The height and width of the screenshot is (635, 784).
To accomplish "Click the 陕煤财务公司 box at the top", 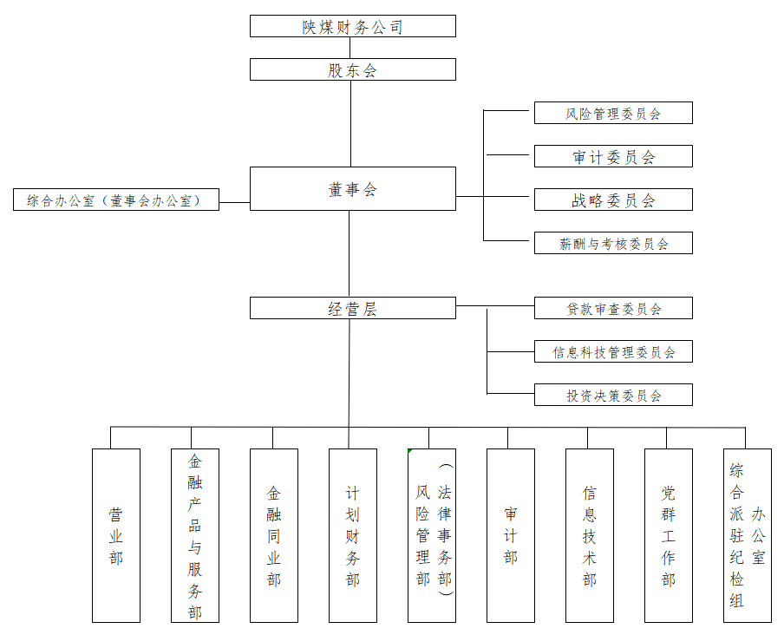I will pyautogui.click(x=352, y=26).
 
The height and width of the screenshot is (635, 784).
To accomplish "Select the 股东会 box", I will pyautogui.click(x=352, y=69).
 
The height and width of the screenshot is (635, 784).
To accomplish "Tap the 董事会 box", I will pyautogui.click(x=352, y=188).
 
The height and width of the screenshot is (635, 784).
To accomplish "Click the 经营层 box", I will pyautogui.click(x=352, y=308).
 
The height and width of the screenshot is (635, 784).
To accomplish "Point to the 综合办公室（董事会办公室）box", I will pyautogui.click(x=115, y=200).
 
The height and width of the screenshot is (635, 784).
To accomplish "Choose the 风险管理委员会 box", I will pyautogui.click(x=613, y=113).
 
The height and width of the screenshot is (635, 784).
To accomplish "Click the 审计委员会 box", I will pyautogui.click(x=613, y=156).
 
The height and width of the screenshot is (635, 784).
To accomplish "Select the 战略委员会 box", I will pyautogui.click(x=613, y=200).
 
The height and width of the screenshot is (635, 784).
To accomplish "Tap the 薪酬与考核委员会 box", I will pyautogui.click(x=613, y=243).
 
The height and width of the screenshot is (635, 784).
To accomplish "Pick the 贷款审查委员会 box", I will pyautogui.click(x=613, y=308).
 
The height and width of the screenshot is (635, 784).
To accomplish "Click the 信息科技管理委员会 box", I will pyautogui.click(x=613, y=351).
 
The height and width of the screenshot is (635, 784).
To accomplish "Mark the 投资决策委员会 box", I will pyautogui.click(x=613, y=395).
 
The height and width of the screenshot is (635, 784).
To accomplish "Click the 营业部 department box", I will pyautogui.click(x=116, y=535).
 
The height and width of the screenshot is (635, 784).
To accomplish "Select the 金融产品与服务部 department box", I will pyautogui.click(x=195, y=535).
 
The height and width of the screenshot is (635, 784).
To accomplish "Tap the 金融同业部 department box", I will pyautogui.click(x=274, y=535).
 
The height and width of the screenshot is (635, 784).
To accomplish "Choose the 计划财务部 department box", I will pyautogui.click(x=353, y=535).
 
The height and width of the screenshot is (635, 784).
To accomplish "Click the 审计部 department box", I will pyautogui.click(x=510, y=535).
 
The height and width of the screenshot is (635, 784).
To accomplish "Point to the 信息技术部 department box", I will pyautogui.click(x=589, y=535).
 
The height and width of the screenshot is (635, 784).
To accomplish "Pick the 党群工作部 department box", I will pyautogui.click(x=668, y=535).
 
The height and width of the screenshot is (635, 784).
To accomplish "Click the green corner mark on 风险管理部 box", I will pyautogui.click(x=410, y=451).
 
